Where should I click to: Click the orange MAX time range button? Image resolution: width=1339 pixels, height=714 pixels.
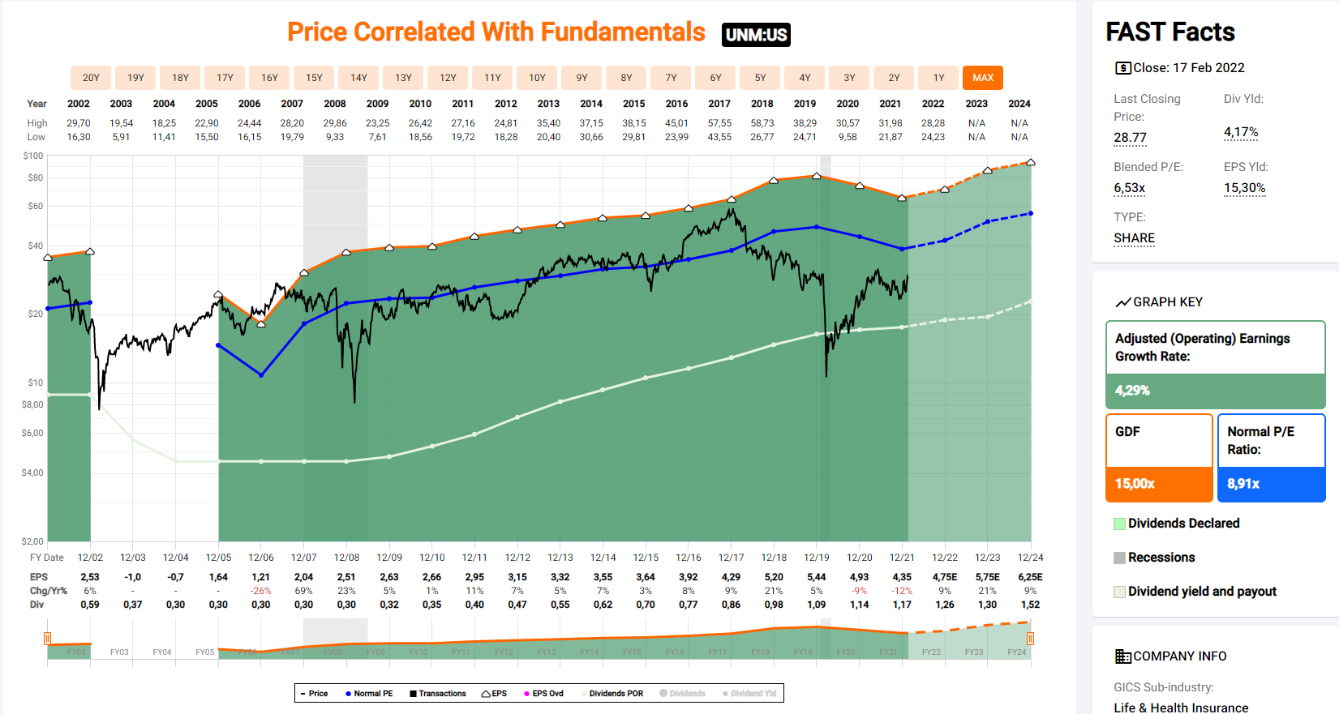pyautogui.click(x=983, y=78)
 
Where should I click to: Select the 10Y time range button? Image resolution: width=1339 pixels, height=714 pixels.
pyautogui.click(x=537, y=78)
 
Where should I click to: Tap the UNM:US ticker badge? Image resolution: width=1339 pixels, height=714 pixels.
pyautogui.click(x=756, y=35)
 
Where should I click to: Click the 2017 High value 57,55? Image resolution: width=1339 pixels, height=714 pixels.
pyautogui.click(x=719, y=123)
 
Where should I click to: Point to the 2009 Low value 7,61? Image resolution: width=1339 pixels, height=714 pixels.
pyautogui.click(x=377, y=137)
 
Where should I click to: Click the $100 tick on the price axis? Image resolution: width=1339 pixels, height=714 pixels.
pyautogui.click(x=33, y=156)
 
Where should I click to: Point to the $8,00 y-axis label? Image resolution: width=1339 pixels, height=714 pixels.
pyautogui.click(x=32, y=404)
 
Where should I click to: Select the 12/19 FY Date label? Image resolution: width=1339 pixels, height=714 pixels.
pyautogui.click(x=817, y=558)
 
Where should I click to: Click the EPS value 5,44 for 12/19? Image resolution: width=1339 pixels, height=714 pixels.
pyautogui.click(x=817, y=577)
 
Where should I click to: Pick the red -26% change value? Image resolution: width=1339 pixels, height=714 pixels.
pyautogui.click(x=261, y=591)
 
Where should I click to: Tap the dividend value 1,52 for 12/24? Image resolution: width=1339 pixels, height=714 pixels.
pyautogui.click(x=1030, y=605)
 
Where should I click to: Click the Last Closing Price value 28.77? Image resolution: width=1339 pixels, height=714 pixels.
pyautogui.click(x=1130, y=138)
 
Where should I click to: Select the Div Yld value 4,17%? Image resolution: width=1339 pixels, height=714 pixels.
pyautogui.click(x=1241, y=132)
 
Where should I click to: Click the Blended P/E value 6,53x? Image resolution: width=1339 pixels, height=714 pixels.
pyautogui.click(x=1129, y=188)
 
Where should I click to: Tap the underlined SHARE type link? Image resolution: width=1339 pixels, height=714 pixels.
pyautogui.click(x=1134, y=238)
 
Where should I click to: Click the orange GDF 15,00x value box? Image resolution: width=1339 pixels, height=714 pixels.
pyautogui.click(x=1159, y=484)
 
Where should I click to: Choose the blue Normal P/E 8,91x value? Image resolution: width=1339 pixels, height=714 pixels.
pyautogui.click(x=1271, y=484)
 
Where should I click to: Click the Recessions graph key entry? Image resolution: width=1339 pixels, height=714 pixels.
pyautogui.click(x=1161, y=558)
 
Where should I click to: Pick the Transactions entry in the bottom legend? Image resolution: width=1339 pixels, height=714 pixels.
pyautogui.click(x=438, y=694)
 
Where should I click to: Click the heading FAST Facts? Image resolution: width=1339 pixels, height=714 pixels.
pyautogui.click(x=1169, y=32)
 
